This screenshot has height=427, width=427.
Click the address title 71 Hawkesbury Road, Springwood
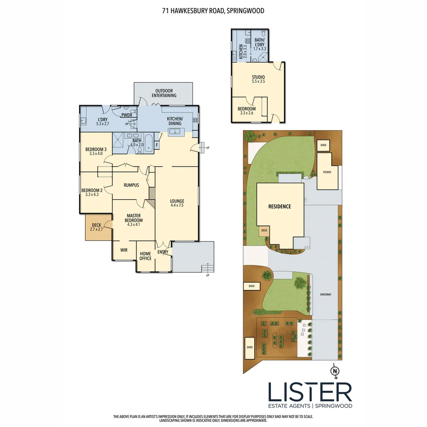[213, 11]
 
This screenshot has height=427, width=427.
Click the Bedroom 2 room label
[92, 192]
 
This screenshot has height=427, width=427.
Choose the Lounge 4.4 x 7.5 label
[177, 203]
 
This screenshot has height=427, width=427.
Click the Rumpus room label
[131, 185]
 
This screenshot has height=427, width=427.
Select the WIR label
[124, 250]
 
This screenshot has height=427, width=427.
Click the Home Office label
[145, 256]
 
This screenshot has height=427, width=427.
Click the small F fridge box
[157, 145]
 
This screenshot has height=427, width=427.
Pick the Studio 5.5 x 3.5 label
[258, 79]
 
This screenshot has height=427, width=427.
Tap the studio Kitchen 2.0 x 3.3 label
[243, 52]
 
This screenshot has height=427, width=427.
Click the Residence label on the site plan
[280, 206]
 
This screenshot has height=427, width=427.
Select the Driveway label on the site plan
[325, 295]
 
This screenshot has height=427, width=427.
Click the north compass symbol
[335, 371]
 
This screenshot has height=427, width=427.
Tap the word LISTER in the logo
[310, 392]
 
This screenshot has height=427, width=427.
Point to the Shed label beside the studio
[323, 145]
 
